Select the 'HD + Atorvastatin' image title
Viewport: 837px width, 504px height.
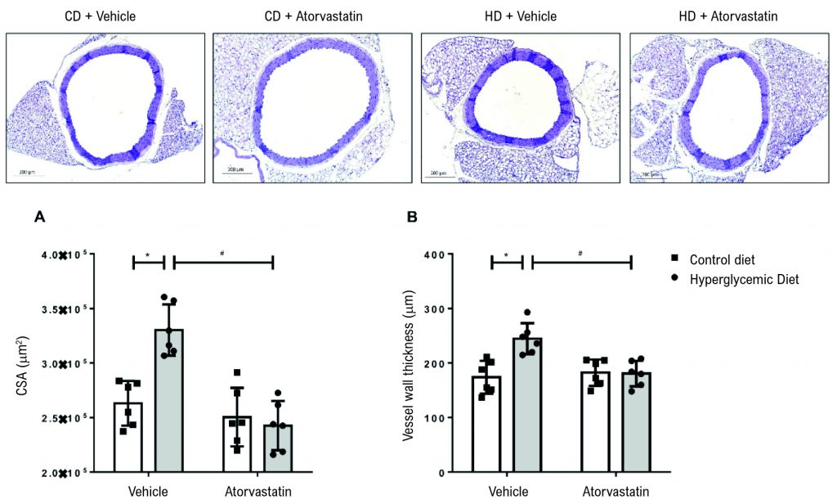coord(729,16)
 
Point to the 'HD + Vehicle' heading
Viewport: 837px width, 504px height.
coord(520,16)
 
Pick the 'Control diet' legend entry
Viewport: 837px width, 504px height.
coord(723,261)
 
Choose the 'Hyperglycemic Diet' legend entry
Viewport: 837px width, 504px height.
coord(741,279)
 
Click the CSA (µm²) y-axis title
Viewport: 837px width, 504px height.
coord(25,365)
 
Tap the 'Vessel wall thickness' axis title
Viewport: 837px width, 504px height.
coord(407,365)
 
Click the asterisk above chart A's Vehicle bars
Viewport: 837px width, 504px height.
coord(148,254)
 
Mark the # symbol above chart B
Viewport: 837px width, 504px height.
coord(580,254)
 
